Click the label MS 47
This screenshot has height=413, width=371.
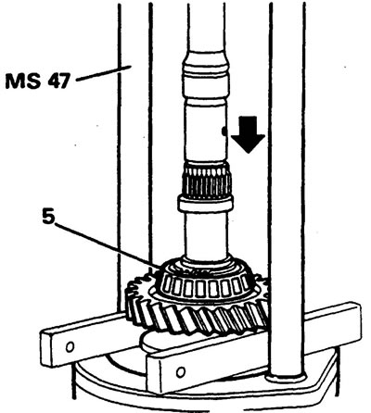pos(38,81)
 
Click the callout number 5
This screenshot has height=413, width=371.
pos(48,218)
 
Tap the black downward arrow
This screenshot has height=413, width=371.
pos(248,134)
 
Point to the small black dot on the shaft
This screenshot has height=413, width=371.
pos(224,131)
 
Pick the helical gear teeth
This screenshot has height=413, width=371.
pos(198,318)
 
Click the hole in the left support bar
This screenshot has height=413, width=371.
pos(70,347)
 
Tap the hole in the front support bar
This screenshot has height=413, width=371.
pos(181,372)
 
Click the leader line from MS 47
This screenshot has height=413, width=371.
pos(104,74)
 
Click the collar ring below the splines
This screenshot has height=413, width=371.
pos(205,205)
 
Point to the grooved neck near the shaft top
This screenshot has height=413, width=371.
pos(206,71)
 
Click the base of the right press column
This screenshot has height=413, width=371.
pos(287,377)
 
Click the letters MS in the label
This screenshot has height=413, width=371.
pos(22,81)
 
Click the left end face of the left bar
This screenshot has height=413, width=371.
pos(46,350)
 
